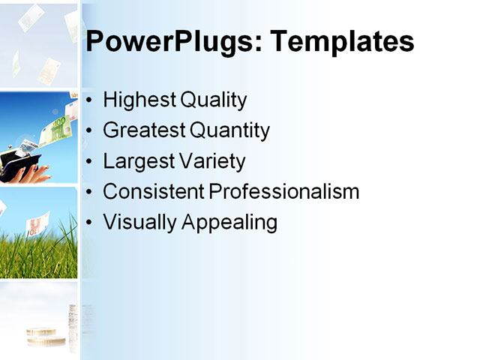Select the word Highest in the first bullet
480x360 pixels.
(x=136, y=100)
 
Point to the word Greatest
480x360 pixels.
(x=143, y=130)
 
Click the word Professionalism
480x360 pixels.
(x=284, y=192)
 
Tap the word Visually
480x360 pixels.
(x=136, y=223)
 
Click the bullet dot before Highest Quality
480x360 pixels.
(x=90, y=100)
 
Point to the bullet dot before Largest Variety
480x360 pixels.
(x=90, y=162)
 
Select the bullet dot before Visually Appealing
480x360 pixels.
(x=90, y=223)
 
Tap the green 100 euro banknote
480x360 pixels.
(x=57, y=130)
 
